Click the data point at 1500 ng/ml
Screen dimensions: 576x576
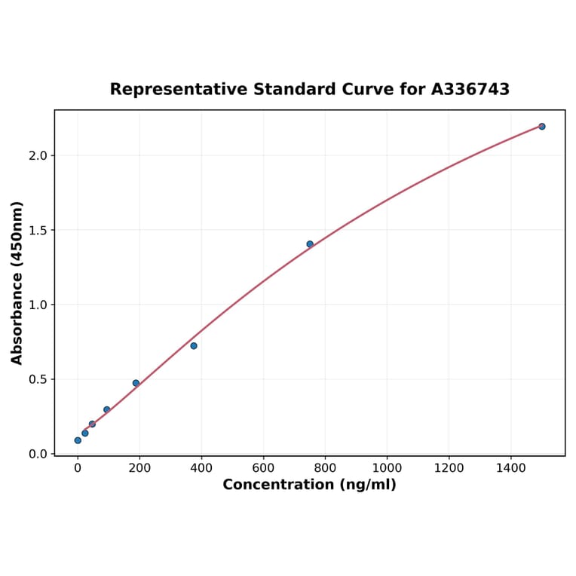click(541, 127)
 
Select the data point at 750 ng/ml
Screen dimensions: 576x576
click(310, 244)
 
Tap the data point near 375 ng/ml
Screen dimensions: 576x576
click(194, 346)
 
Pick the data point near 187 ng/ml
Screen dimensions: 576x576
click(136, 383)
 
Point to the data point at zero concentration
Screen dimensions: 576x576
click(78, 440)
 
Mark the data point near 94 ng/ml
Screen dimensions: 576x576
click(107, 409)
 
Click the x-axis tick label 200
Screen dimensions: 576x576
click(139, 468)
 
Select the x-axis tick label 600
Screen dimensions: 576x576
click(263, 468)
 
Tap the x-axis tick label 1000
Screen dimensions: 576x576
click(387, 468)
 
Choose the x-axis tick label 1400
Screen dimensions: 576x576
click(511, 468)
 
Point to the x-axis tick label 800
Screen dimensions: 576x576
click(325, 468)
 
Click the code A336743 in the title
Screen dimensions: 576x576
click(470, 90)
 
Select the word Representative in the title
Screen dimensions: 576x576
click(178, 90)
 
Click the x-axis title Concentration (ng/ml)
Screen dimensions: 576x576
click(309, 485)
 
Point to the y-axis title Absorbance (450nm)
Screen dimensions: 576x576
click(17, 283)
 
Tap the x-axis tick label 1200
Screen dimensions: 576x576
click(449, 468)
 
